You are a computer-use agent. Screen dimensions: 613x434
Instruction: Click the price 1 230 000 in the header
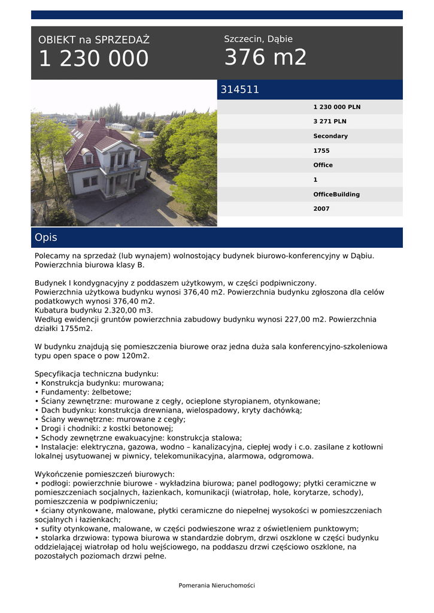pos(93,59)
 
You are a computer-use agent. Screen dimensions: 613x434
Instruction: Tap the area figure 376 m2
pos(265,57)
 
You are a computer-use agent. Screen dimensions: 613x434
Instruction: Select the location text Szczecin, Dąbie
pos(258,39)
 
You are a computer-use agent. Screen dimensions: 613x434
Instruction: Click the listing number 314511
pos(240,90)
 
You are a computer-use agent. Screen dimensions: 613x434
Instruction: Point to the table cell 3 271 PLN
pos(330,122)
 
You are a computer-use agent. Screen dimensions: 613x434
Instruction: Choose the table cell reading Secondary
pos(330,136)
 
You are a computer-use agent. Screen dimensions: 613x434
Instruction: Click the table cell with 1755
pos(321,151)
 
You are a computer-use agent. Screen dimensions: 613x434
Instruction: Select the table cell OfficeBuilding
pos(336,195)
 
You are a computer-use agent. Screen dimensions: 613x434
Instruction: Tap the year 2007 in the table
pos(321,209)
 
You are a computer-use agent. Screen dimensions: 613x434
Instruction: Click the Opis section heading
pos(46,238)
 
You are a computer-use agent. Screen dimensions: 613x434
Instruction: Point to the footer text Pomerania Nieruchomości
pos(217,585)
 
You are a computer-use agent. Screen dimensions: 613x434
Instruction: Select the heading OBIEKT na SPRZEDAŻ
pos(94,40)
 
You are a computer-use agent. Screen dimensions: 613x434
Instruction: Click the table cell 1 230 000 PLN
pos(337,107)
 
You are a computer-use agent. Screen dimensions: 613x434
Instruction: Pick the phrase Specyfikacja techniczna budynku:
pos(96,374)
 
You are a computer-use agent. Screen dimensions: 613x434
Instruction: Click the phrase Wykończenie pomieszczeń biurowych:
pos(105,474)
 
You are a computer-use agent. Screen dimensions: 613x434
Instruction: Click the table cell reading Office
pos(323,165)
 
